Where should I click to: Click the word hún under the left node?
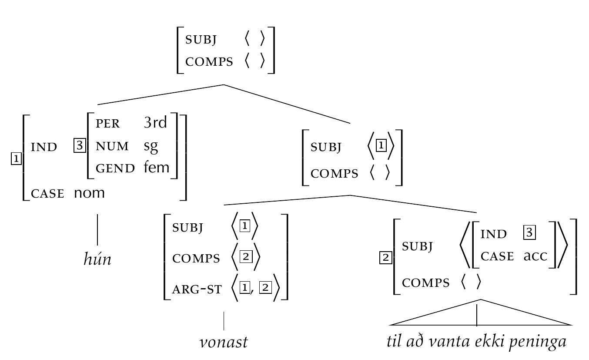97,259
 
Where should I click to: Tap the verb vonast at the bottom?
224,342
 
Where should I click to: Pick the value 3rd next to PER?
155,123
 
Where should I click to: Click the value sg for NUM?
151,146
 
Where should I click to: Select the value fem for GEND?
156,168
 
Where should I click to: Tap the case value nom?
89,193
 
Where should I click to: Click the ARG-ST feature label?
197,289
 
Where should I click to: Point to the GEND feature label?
115,168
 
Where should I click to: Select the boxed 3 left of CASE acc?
529,233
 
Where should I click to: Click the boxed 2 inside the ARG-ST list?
265,288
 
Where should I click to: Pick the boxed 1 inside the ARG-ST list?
245,288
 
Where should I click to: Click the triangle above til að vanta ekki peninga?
480,314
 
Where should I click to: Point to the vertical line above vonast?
224,321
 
